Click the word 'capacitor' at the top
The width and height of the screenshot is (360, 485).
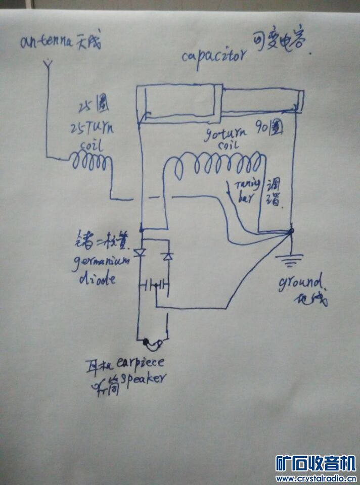click(214, 55)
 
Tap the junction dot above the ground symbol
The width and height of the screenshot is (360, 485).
click(291, 231)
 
